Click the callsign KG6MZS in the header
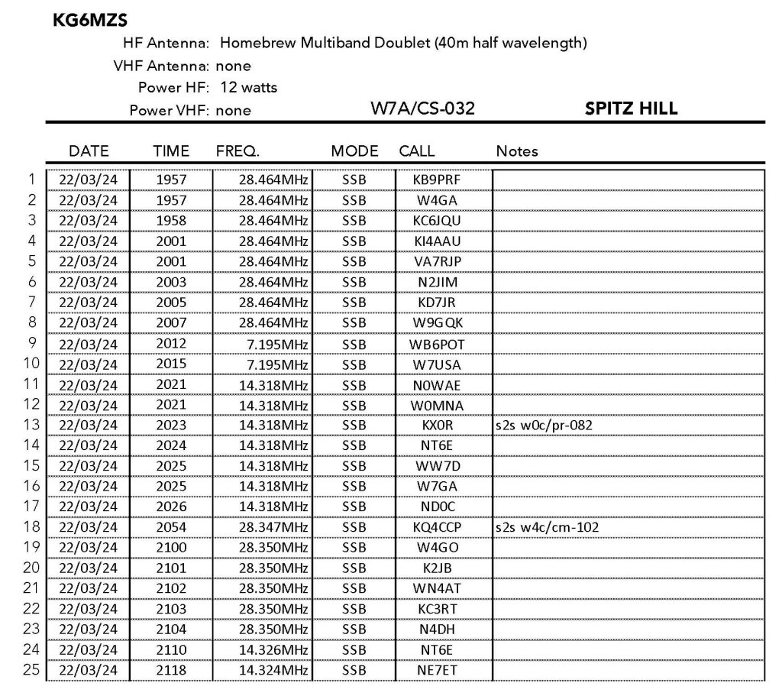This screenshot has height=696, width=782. click(x=89, y=21)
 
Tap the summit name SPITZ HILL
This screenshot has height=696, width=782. click(x=631, y=109)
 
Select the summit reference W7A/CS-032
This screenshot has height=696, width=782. click(x=422, y=109)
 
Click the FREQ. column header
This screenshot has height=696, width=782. click(x=238, y=151)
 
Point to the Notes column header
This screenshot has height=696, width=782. click(x=517, y=151)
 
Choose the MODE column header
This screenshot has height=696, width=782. click(x=354, y=151)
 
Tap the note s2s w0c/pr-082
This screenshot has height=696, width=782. click(x=543, y=425)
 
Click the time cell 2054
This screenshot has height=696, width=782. click(x=171, y=527)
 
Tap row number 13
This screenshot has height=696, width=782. click(x=31, y=425)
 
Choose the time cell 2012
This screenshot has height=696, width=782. click(x=171, y=343)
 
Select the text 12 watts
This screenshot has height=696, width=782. click(x=248, y=88)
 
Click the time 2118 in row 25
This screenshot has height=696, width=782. click(x=171, y=670)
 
